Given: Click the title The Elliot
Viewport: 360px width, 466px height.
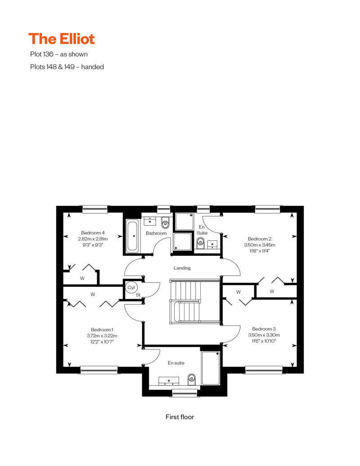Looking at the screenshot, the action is coord(62,39).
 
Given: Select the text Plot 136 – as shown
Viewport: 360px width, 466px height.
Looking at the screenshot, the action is coord(59,54).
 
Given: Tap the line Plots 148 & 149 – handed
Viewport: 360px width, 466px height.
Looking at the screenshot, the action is coord(67,67).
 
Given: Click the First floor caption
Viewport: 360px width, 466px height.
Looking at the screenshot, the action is coord(180,417).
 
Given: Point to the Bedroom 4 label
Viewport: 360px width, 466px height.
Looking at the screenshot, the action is coord(93,233).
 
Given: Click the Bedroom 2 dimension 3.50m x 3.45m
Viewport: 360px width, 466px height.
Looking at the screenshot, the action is coord(260,245).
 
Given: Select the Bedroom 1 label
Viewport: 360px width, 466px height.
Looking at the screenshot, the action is coord(102,330).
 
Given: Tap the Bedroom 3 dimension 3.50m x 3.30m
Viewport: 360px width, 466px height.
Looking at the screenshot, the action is coord(264,335).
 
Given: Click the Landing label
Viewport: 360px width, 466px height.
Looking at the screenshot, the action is coord(182,268).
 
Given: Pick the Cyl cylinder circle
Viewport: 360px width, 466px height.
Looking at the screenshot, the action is coord(131,287).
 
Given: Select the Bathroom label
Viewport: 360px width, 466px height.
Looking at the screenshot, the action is coord(156,233).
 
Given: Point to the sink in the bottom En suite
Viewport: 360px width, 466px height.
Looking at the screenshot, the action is coord(169,381).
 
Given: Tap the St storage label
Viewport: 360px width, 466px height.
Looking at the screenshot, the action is coord(138,295).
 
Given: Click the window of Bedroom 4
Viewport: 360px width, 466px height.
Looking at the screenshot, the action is coord(95,210).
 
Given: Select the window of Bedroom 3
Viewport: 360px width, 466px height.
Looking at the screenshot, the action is coord(264,370).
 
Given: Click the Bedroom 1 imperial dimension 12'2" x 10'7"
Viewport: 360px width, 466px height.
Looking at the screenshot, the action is coord(102,342).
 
